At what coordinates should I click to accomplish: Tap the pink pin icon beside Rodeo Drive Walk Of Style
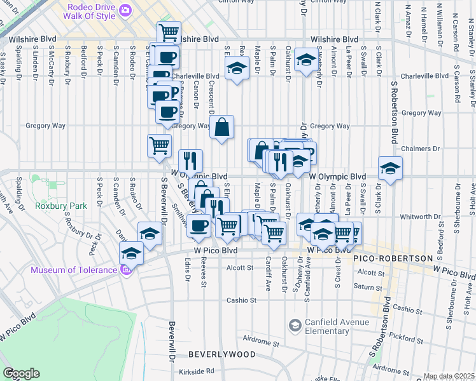click(125, 10)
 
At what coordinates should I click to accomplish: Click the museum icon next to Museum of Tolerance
click(125, 270)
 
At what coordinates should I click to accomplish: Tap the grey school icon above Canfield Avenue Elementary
click(294, 326)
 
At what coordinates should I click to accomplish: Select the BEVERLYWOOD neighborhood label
click(221, 354)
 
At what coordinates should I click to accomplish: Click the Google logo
click(21, 373)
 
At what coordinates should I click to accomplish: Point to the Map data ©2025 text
click(449, 376)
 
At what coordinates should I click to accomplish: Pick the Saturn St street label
click(369, 287)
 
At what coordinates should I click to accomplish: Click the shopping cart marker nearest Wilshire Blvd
click(169, 32)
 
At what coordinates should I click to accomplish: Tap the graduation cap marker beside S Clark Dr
click(390, 168)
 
